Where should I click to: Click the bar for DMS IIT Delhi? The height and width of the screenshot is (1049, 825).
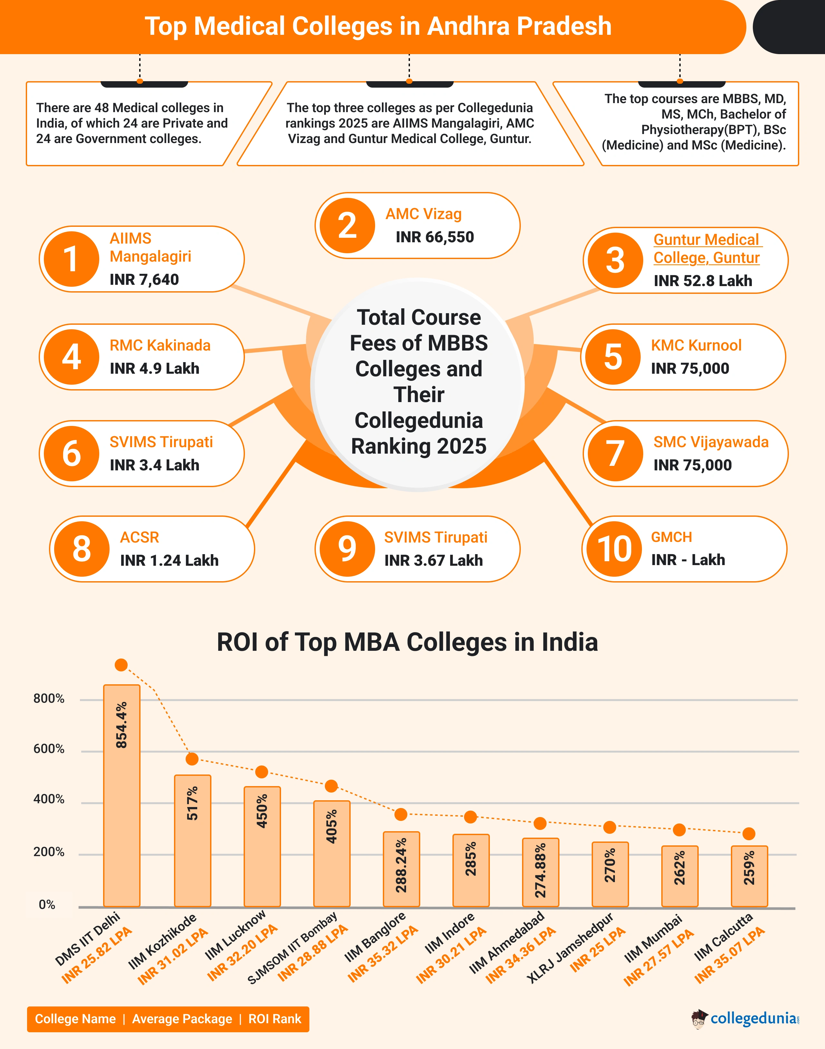point(122,795)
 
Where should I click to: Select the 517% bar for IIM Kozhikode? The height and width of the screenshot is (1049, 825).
point(192,840)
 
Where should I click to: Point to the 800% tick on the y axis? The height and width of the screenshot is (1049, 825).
point(49,698)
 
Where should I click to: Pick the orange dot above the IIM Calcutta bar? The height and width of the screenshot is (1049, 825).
point(749,833)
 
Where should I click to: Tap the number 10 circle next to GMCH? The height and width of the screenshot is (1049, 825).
point(615,549)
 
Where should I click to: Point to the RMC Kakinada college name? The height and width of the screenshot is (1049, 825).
point(160,345)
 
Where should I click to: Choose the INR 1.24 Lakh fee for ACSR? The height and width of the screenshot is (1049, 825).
point(169,560)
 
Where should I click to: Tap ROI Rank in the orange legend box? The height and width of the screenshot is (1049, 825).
point(274,1019)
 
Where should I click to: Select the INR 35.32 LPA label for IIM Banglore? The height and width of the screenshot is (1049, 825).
point(383,954)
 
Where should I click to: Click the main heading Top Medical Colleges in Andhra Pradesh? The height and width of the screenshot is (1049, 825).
point(378,26)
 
